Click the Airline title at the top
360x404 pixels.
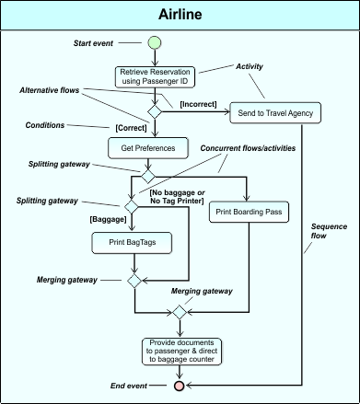180,15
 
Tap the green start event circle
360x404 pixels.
155,42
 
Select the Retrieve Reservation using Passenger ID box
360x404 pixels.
155,77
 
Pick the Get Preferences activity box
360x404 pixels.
142,147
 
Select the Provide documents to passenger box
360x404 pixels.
180,350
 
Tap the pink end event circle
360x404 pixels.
180,386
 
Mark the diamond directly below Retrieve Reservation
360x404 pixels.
155,109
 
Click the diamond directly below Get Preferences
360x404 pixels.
146,174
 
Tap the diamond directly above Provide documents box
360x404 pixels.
180,313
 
